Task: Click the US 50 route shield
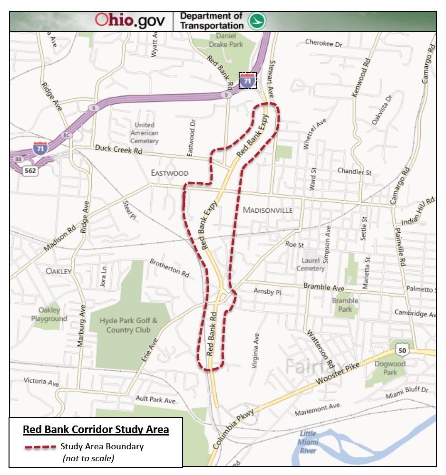402,350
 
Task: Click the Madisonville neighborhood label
268,210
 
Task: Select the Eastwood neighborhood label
170,173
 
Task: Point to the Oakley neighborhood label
58,271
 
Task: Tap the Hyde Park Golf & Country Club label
128,325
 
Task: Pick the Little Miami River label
308,442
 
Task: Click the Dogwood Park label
390,368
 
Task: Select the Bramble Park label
345,305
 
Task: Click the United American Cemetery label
144,133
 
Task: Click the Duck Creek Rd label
118,149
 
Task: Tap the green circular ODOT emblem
257,21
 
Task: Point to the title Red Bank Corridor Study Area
96,429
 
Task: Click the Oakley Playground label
49,315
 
